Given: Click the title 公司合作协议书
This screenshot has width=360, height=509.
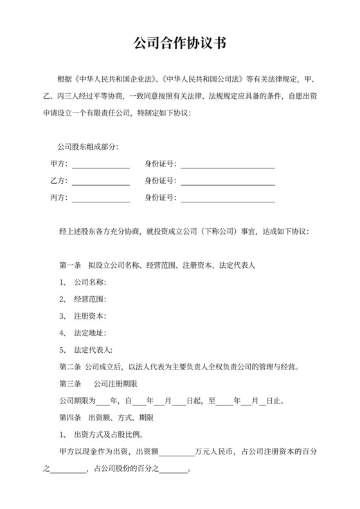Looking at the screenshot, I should (179, 44).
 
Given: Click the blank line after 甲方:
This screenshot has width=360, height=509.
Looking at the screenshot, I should (100, 165).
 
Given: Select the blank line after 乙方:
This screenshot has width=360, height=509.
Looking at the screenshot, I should (100, 181).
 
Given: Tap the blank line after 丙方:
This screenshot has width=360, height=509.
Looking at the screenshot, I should (100, 198).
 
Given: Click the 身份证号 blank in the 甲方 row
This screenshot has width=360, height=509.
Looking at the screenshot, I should (228, 165).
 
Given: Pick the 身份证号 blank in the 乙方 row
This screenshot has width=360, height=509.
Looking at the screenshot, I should (228, 181).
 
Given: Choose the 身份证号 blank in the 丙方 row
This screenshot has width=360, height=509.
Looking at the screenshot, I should (228, 198).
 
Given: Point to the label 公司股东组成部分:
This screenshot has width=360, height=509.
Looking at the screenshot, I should (88, 147).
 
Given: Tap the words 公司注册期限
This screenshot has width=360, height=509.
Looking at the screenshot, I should (113, 384).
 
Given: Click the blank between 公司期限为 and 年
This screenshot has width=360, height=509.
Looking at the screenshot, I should (103, 402).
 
